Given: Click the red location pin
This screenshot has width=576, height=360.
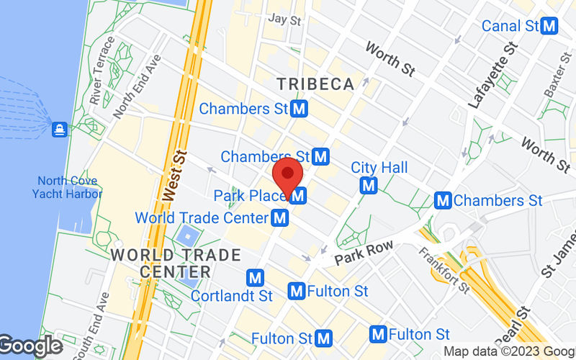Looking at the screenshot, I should pos(289,175).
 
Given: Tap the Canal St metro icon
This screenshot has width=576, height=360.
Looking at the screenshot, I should pos(551,27).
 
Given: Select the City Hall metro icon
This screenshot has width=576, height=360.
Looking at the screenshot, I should pos(369,186).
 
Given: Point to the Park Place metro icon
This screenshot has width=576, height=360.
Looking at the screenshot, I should pos(299,195).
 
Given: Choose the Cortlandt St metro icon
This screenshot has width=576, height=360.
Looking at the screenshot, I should pos(254,277).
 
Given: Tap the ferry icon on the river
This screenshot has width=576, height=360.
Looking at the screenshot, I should pos(59,130).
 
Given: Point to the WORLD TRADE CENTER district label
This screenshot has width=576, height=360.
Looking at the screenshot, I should pos(176,263).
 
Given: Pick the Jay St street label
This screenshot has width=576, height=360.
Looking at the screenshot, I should pos(284,19).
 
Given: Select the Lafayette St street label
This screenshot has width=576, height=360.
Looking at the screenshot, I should pos(493,76).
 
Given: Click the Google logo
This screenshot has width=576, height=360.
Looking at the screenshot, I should pos(30,346).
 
